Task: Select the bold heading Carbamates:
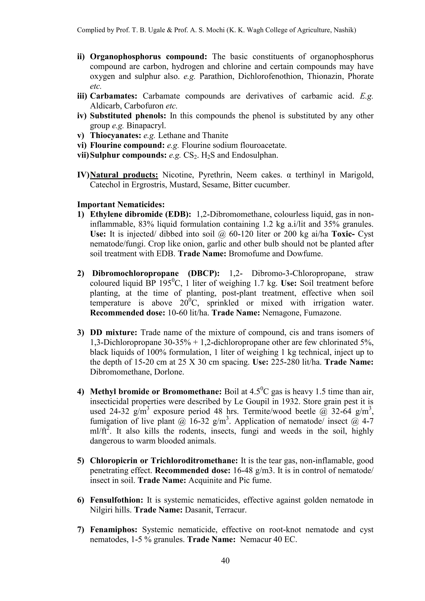[114, 96]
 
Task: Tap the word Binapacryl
[146, 126]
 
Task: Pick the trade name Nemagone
[281, 313]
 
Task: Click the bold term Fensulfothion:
[116, 500]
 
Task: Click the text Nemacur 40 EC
[268, 540]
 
